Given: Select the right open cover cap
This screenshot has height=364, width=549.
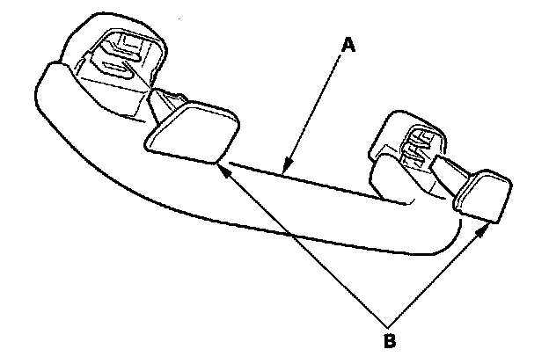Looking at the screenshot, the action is point(480,194).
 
